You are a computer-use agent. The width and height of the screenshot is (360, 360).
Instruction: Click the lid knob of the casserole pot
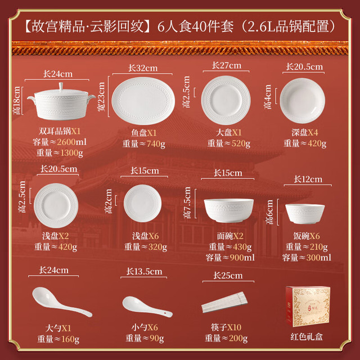click(61, 87)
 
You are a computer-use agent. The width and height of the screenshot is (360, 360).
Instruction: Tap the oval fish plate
click(143, 101)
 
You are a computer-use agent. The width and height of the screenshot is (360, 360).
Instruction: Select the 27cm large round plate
click(226, 100)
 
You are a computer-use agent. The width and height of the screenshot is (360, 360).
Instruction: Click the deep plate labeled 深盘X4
click(303, 101)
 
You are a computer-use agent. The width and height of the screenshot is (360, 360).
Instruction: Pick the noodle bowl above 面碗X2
click(229, 210)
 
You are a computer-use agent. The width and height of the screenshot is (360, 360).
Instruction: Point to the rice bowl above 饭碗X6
click(305, 214)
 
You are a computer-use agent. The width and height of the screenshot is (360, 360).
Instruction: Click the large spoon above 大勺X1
click(62, 301)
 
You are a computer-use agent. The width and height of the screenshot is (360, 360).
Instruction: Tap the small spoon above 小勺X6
click(147, 307)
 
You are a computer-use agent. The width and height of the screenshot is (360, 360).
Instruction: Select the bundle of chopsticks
click(224, 302)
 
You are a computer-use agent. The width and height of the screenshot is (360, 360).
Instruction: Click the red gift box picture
click(308, 306)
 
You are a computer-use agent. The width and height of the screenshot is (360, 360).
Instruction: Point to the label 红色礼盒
click(307, 337)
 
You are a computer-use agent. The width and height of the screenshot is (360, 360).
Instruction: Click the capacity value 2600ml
click(71, 142)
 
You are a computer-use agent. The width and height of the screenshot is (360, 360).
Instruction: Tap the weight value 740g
click(156, 144)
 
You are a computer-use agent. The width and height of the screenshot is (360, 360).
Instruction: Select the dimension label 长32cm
click(142, 68)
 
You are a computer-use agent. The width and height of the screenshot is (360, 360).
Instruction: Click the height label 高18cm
click(17, 100)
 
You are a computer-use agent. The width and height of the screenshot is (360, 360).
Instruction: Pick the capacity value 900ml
click(242, 258)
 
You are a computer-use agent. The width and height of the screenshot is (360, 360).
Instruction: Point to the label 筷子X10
click(226, 327)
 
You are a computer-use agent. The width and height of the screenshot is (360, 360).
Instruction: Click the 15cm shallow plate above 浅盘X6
click(142, 203)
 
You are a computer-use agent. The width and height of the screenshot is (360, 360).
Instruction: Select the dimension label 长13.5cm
click(144, 272)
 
